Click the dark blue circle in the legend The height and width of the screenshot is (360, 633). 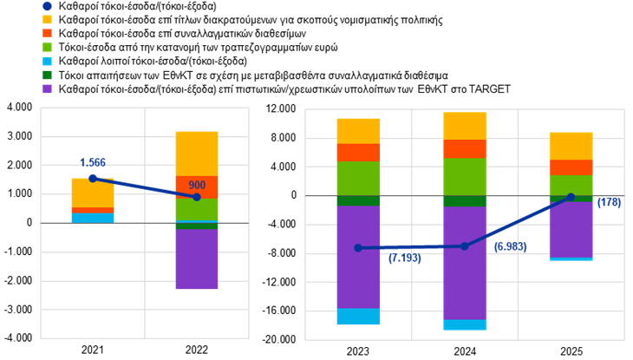tap(47, 6)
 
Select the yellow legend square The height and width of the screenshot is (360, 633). tap(47, 19)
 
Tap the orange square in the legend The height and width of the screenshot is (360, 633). tap(47, 33)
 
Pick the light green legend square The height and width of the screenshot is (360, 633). tap(47, 47)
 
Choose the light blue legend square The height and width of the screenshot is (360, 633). tap(47, 61)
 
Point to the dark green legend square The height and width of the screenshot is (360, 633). tap(47, 75)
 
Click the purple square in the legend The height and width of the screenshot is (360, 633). tap(47, 88)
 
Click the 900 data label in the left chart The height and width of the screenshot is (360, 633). tap(197, 185)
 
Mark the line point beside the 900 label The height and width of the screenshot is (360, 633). tap(197, 197)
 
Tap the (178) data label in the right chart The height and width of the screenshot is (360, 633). tap(609, 203)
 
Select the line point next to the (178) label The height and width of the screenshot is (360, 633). tap(571, 197)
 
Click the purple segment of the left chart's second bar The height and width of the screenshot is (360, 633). tap(197, 259)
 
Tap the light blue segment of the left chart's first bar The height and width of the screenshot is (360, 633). tap(93, 218)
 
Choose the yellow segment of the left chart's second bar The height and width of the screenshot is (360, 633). tap(197, 154)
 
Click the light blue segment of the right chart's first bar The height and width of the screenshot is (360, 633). tap(358, 317)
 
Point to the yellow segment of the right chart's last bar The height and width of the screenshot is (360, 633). tap(571, 146)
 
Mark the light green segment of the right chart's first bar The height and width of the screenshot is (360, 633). tap(358, 178)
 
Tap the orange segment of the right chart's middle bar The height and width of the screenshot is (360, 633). tap(464, 148)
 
